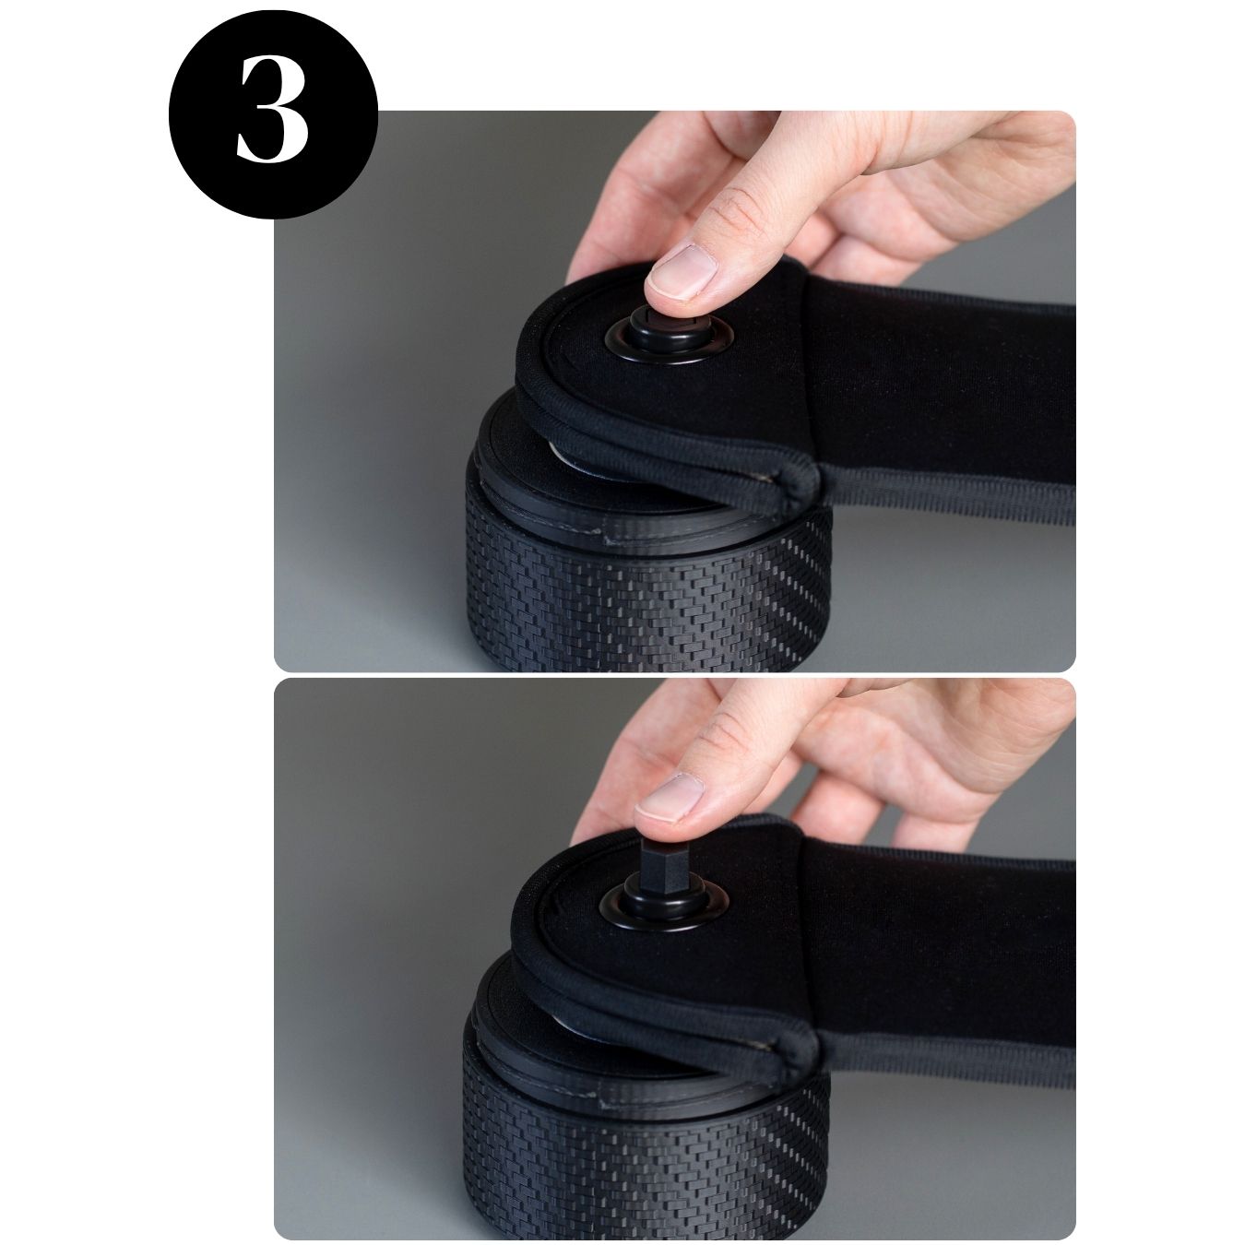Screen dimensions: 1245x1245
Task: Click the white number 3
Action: pyautogui.click(x=272, y=109)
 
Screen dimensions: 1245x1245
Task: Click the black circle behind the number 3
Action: pyautogui.click(x=273, y=113)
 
